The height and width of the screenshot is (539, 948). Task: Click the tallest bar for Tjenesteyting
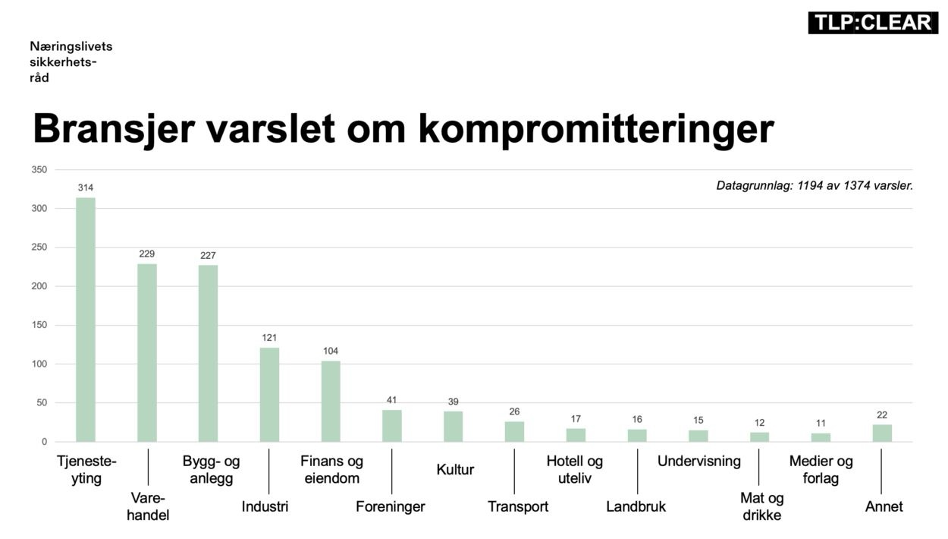(86, 320)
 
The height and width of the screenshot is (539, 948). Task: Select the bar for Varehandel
(147, 353)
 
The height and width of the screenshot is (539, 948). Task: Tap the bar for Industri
(269, 395)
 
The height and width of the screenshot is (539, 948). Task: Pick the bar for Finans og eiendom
(331, 402)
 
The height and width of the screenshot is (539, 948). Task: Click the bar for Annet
(882, 433)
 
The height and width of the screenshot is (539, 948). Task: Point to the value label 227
(208, 255)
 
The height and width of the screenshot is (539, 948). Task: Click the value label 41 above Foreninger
(391, 400)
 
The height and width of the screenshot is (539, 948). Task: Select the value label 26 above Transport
(514, 411)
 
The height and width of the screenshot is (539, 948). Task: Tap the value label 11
(821, 424)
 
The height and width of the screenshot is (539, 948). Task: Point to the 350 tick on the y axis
(39, 169)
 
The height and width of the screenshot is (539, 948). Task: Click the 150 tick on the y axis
(39, 325)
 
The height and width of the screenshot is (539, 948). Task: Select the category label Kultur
(455, 470)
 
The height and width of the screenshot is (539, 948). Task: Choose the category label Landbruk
(636, 506)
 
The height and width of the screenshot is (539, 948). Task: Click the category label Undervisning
(698, 462)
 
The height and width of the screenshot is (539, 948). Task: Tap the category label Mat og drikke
(761, 507)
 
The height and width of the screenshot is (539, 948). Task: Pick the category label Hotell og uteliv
(574, 470)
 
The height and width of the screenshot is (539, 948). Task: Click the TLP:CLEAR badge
(872, 23)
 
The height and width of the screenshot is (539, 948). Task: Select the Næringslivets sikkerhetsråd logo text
(71, 62)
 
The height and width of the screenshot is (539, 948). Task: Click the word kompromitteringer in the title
(595, 129)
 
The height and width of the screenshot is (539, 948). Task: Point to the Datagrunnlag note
(814, 184)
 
